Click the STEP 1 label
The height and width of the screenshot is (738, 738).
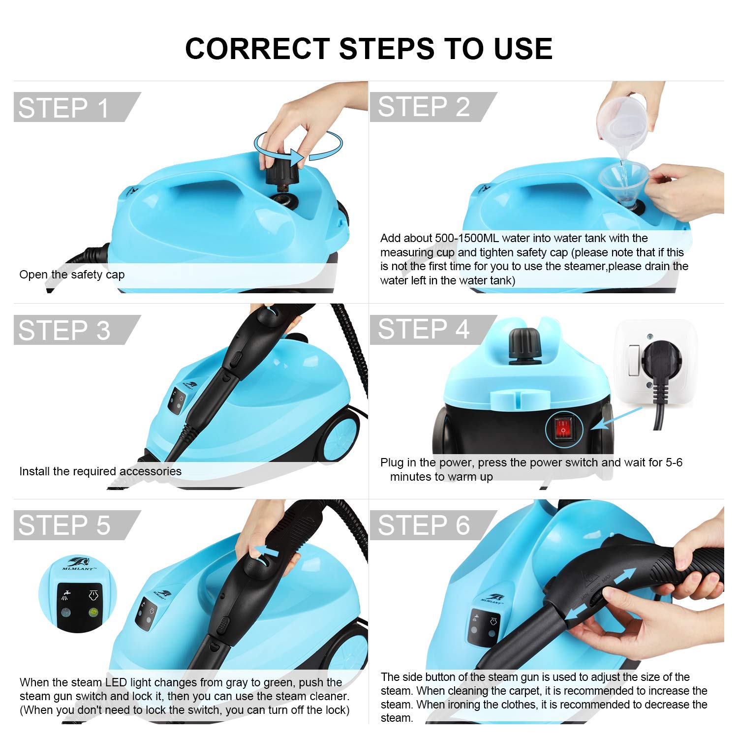click(63, 108)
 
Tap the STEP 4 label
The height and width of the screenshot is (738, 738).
click(424, 329)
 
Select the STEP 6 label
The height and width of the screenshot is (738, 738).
click(424, 525)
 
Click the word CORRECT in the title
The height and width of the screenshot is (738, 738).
click(257, 49)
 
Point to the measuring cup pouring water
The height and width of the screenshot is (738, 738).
click(622, 123)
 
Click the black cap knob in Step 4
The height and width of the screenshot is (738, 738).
click(525, 345)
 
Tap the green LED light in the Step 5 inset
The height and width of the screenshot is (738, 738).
click(92, 613)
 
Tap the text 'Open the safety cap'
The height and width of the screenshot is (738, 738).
click(72, 275)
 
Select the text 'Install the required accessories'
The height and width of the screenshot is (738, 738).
click(100, 471)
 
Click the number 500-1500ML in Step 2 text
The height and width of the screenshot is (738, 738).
click(467, 238)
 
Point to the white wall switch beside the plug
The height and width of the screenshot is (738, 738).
click(634, 361)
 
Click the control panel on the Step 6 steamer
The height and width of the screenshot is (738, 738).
click(484, 627)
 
